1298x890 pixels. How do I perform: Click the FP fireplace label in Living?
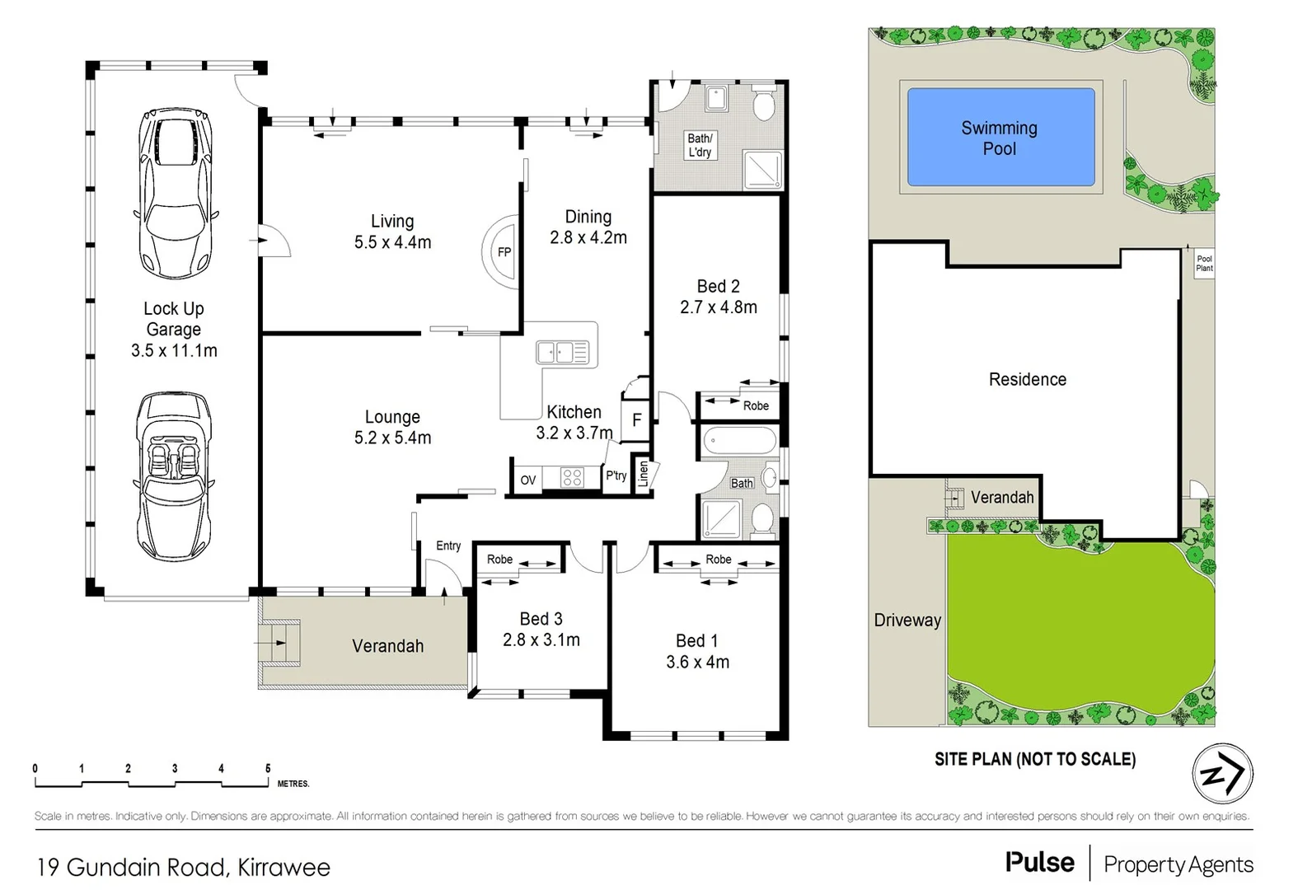(504, 252)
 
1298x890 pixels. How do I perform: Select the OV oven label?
(528, 480)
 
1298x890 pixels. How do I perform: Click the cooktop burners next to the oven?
(572, 478)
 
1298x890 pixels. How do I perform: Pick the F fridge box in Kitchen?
(636, 420)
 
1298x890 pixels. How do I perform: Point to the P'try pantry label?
(616, 475)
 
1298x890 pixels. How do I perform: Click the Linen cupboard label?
(644, 474)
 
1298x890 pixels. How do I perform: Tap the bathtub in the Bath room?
(738, 443)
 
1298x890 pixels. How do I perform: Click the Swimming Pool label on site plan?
(999, 138)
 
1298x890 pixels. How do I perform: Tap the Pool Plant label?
(1204, 264)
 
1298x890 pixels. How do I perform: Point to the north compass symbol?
(1222, 774)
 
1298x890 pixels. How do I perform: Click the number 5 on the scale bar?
(268, 768)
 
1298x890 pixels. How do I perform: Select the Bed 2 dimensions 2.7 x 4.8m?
(718, 307)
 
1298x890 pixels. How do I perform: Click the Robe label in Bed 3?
(499, 560)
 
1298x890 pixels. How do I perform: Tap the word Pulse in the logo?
(1039, 862)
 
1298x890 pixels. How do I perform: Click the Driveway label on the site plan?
(907, 621)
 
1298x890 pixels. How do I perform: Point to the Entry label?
(448, 546)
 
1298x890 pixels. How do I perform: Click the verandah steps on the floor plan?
(278, 641)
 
